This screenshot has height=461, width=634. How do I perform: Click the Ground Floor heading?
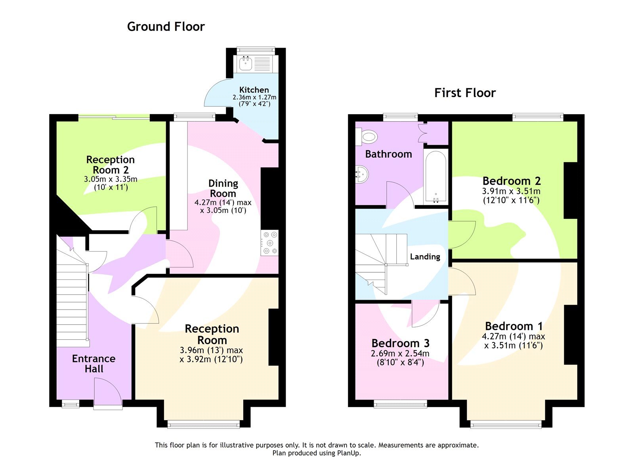click(x=166, y=27)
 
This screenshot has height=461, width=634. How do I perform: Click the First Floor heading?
click(x=465, y=93)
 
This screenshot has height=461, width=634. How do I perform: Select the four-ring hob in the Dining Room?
click(x=270, y=243)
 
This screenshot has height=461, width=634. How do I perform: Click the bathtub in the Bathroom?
click(x=436, y=176)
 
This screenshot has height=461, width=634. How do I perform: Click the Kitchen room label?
click(x=254, y=90)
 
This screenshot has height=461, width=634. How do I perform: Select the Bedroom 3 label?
click(x=400, y=343)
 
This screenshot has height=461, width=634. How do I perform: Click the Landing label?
click(x=425, y=256)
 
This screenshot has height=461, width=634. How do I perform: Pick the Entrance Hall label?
click(x=94, y=363)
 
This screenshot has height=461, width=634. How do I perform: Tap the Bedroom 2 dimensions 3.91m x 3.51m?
click(x=511, y=191)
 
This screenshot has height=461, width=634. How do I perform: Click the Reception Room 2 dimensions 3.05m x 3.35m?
click(x=111, y=179)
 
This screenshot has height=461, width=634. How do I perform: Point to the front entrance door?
click(x=108, y=392)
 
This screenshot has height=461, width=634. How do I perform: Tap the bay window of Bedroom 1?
click(x=506, y=425)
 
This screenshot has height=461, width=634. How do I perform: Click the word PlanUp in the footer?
click(x=348, y=453)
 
